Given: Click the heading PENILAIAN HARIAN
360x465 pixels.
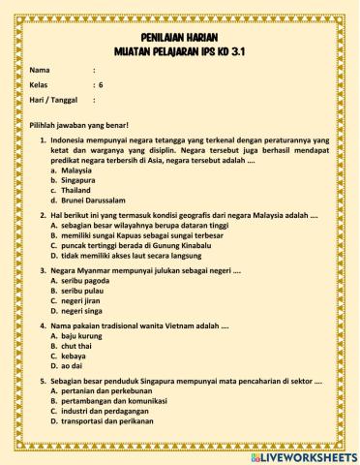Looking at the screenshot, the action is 180,34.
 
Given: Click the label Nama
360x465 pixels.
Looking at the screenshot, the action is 40,71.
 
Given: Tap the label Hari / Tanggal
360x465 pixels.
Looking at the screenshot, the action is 53,99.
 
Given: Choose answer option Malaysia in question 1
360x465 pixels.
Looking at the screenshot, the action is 75,170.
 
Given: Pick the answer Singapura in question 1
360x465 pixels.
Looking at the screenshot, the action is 77,180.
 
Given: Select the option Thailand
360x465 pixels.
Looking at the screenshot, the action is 75,191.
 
